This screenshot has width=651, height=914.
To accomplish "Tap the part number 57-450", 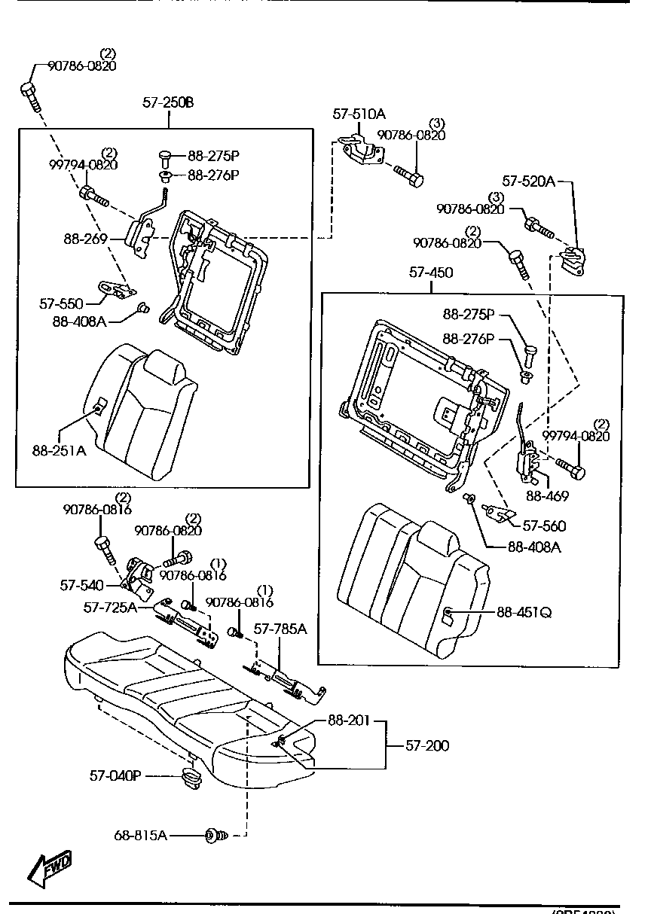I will coord(430,272).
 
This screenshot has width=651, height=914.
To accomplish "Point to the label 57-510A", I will coord(359,114).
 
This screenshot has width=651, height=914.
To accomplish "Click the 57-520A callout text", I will coord(529,181).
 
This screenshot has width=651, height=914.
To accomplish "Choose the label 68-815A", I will coord(141,835).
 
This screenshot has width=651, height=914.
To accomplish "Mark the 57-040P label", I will coord(115,775).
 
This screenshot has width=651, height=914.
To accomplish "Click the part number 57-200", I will coord(427,745).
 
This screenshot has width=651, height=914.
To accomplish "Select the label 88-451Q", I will coord(524,612).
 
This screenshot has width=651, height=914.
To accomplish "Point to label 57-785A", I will coord(280,629).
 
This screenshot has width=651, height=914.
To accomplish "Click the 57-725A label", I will coord(110,607).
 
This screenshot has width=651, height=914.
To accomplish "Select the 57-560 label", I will coord(544,526).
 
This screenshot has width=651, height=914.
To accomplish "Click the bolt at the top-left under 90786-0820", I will coord(30,93).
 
